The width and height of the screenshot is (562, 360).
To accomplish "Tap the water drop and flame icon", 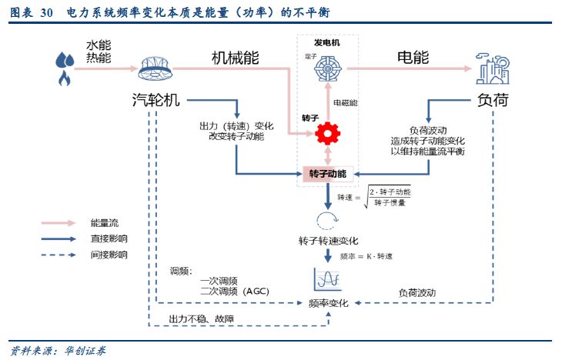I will [x=64, y=68].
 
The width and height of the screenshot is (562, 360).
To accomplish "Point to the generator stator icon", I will [x=328, y=68].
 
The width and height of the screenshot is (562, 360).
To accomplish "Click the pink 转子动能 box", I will [x=328, y=174].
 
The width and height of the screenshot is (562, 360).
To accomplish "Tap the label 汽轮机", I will [x=156, y=100].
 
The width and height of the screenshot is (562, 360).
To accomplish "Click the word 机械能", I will [x=236, y=58].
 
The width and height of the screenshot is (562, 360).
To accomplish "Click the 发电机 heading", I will [x=326, y=42].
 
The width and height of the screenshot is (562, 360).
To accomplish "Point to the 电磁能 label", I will [x=345, y=102].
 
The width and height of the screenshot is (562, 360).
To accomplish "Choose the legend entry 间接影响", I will [x=109, y=255].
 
